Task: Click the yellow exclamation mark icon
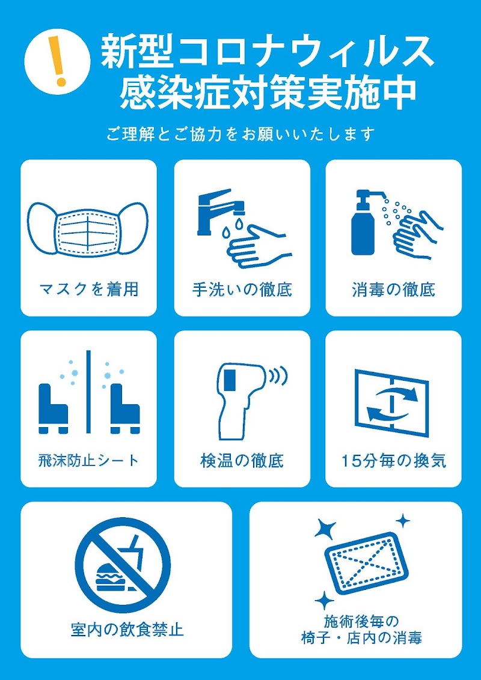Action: pos(59,61)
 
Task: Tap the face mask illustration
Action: pos(88,229)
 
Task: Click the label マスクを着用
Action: pos(88,290)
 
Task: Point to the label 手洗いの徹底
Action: pos(242,290)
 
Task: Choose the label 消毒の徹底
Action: pos(393,290)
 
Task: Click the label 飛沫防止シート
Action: pos(88,461)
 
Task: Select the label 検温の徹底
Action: pos(242,461)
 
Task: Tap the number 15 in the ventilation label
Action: pos(350,461)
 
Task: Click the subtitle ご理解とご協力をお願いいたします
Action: pos(240,134)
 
